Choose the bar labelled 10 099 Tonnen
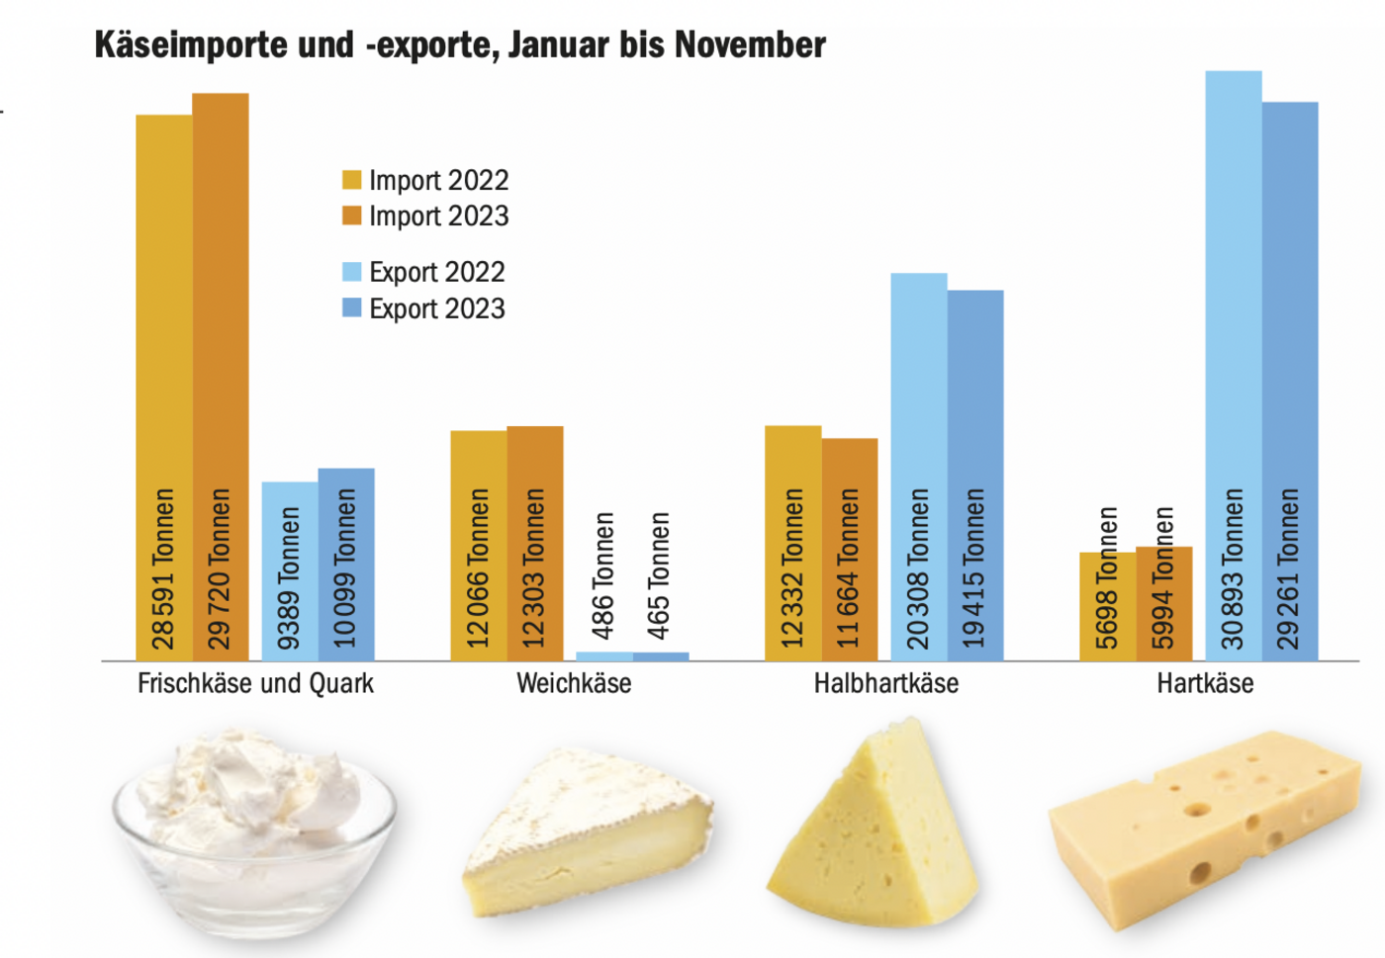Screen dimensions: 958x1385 346,564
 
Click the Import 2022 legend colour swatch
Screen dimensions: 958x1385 352,180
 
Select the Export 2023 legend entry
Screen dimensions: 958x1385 436,308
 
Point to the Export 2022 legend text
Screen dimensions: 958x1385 436,272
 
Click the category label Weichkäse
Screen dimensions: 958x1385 574,683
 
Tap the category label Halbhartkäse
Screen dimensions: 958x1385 886,683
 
